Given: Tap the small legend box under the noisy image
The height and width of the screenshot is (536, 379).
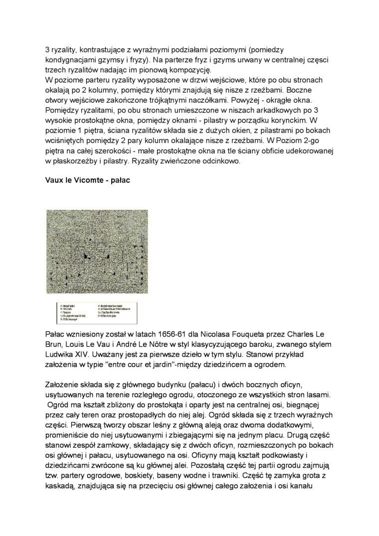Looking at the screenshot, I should coord(97,312).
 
